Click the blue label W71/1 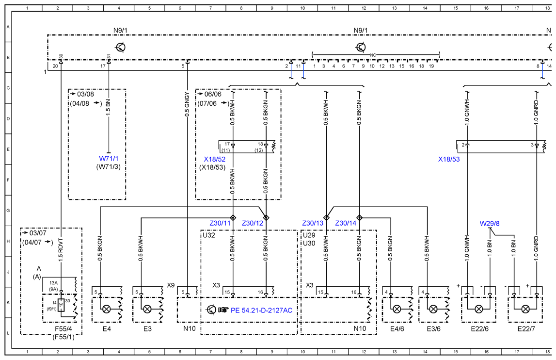point(109,159)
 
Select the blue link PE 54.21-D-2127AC point(261,311)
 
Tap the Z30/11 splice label point(220,223)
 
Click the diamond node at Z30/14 point(359,218)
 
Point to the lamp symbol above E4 point(106,309)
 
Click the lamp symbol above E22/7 point(525,309)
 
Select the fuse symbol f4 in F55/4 point(61,305)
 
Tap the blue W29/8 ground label point(489,224)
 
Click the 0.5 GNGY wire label point(187,104)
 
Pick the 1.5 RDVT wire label point(61,250)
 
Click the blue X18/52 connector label point(215,160)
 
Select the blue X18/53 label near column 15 point(449,160)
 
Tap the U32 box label point(208,235)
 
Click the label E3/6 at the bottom point(433,329)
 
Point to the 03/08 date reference point(85,94)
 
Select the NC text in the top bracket point(373,55)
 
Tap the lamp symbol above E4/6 point(397,309)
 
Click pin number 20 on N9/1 point(55,66)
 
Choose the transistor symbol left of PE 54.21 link point(211,310)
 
